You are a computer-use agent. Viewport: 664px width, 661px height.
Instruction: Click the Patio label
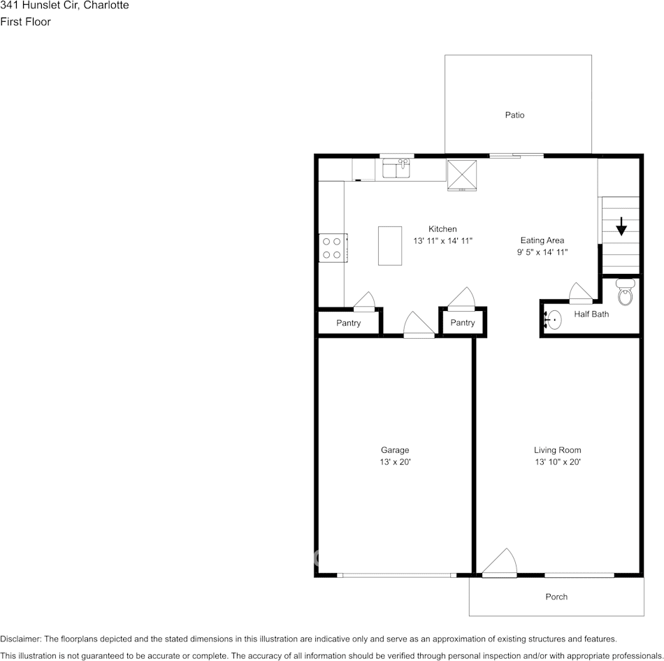(x=514, y=115)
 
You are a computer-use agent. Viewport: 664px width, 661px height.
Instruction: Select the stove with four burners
(x=333, y=248)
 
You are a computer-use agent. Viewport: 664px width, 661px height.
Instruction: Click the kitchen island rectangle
(x=390, y=245)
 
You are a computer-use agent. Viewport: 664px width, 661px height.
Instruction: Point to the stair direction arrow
(x=621, y=226)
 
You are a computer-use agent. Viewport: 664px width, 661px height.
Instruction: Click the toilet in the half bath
(x=626, y=291)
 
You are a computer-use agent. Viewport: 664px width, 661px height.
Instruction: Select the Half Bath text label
(x=591, y=314)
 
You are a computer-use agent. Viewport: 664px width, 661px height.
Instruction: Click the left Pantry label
(x=348, y=323)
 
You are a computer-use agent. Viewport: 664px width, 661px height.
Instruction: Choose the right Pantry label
(x=462, y=323)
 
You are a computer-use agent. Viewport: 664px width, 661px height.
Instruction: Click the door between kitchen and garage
(x=419, y=326)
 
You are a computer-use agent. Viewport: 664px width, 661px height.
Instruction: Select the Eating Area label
(x=542, y=240)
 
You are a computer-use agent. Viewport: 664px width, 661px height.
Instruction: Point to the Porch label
(x=556, y=597)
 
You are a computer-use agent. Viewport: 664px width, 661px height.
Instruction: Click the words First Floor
(x=25, y=22)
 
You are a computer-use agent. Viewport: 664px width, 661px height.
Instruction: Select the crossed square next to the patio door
(x=461, y=175)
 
